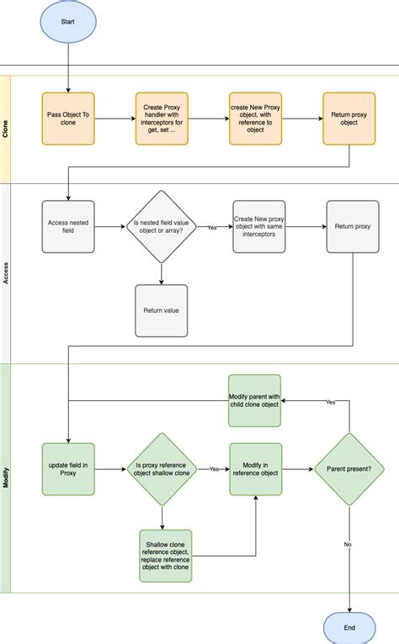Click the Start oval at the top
68,22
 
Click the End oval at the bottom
349,627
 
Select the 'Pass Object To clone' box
68,119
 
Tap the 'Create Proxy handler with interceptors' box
162,119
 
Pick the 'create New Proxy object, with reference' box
256,119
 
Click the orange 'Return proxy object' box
349,119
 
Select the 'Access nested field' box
68,226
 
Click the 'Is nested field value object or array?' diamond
162,226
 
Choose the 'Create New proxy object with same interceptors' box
259,226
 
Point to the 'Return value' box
162,310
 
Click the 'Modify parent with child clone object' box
255,400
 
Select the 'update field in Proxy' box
68,469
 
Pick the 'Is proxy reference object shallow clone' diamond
162,469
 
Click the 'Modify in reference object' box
255,469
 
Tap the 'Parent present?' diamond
349,469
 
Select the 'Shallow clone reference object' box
166,556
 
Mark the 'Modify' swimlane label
6,478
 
